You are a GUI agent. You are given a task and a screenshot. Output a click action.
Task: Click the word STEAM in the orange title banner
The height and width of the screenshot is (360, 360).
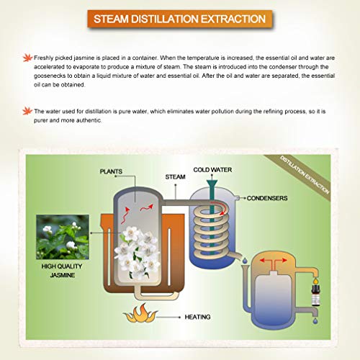(111, 19)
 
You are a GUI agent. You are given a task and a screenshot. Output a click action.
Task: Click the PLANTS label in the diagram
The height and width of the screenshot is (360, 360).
(111, 171)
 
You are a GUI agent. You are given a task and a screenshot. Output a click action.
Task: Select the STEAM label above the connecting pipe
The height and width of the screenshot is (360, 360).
(175, 177)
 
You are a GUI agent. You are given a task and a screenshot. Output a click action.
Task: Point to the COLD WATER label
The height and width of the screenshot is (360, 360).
(212, 170)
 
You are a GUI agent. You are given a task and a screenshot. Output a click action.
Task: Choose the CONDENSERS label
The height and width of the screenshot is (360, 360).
(267, 198)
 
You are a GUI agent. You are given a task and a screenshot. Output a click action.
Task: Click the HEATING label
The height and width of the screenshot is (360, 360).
(197, 317)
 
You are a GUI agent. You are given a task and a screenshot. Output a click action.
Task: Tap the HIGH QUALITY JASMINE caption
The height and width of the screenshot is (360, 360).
(62, 271)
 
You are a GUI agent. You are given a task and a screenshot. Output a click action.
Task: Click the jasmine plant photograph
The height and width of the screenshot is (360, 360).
(63, 237)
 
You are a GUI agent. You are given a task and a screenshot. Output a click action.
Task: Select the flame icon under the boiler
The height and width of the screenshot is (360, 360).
(140, 313)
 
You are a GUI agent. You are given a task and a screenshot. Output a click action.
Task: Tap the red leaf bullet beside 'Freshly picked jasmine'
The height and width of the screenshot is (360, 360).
(27, 58)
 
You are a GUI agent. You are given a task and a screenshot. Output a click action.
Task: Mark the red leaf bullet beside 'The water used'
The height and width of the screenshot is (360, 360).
(27, 111)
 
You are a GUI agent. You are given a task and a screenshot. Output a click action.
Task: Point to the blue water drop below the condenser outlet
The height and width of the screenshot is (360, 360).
(245, 261)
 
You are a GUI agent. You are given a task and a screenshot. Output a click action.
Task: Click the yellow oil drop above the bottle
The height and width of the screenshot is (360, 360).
(315, 280)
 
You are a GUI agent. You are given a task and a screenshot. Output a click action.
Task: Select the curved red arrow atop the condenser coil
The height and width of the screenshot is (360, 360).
(221, 207)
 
